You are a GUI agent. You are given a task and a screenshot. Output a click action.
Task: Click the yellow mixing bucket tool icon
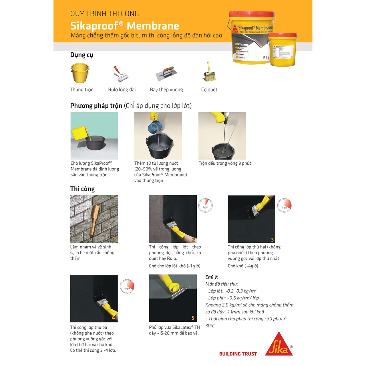(80, 73)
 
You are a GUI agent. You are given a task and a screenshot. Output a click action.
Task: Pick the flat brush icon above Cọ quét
(210, 72)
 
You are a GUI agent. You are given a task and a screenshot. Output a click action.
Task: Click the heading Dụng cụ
(82, 55)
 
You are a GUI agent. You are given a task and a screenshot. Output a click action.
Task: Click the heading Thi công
(82, 189)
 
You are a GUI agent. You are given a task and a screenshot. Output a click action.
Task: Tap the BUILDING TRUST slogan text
(238, 354)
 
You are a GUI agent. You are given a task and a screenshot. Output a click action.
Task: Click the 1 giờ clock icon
(206, 206)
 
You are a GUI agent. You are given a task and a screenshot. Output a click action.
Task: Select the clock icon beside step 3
(284, 206)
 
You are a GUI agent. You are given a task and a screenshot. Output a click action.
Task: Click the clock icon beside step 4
(127, 287)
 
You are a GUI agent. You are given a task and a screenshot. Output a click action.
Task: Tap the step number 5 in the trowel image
(193, 318)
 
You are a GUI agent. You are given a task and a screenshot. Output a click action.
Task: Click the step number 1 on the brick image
(114, 239)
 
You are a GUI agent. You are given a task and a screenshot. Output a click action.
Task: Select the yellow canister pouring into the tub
(79, 133)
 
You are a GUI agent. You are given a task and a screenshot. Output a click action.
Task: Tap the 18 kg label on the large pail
(266, 58)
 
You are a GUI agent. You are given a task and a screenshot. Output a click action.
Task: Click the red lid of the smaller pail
(283, 35)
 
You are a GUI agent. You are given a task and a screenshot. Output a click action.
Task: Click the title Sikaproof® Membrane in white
(125, 26)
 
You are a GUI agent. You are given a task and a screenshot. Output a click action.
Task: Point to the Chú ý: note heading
(212, 277)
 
